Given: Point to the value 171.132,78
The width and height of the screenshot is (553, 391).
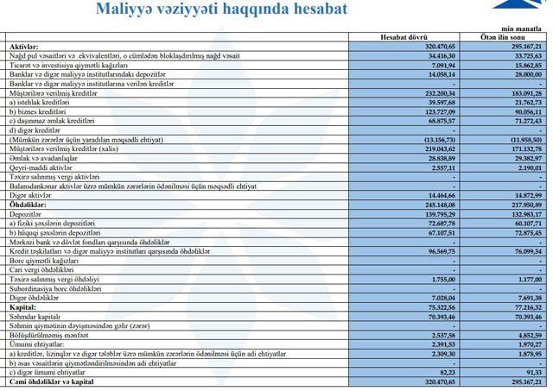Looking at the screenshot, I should point(523,148).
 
